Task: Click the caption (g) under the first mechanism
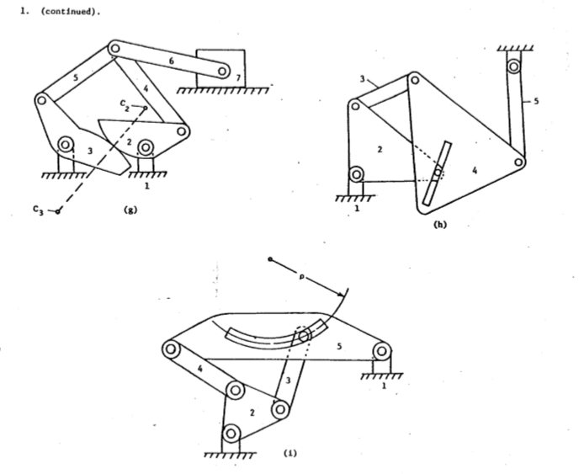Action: [129, 210]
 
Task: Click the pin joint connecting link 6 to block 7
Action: [223, 72]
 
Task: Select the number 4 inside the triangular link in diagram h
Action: [475, 171]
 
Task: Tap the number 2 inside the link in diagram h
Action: [380, 149]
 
